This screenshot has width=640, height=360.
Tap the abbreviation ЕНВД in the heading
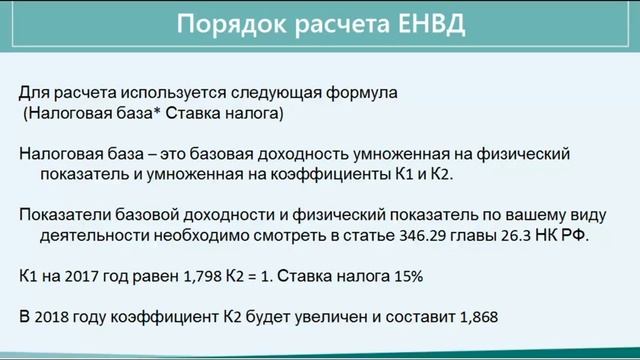427,24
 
